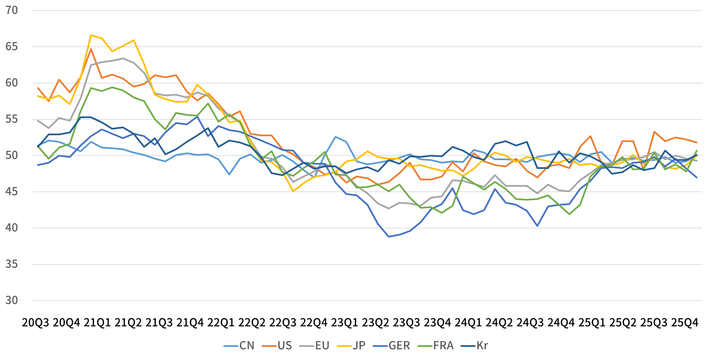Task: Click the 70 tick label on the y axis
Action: [11, 10]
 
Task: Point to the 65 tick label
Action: [11, 47]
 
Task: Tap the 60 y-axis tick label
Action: [11, 83]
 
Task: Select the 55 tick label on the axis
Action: [11, 119]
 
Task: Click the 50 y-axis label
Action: [11, 155]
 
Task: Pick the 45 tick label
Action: [11, 192]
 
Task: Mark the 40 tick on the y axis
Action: [11, 228]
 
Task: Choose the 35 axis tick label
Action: [11, 264]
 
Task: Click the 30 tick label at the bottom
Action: [11, 300]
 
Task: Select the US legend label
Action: [285, 346]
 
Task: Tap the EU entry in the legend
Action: [322, 346]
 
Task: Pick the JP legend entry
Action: [359, 346]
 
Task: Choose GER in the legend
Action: [399, 346]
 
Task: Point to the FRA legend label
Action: [443, 346]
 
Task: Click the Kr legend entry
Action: [482, 346]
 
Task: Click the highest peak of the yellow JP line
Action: [91, 35]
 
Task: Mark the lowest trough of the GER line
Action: [389, 237]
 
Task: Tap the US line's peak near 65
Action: [91, 49]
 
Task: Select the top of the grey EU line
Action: [123, 58]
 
